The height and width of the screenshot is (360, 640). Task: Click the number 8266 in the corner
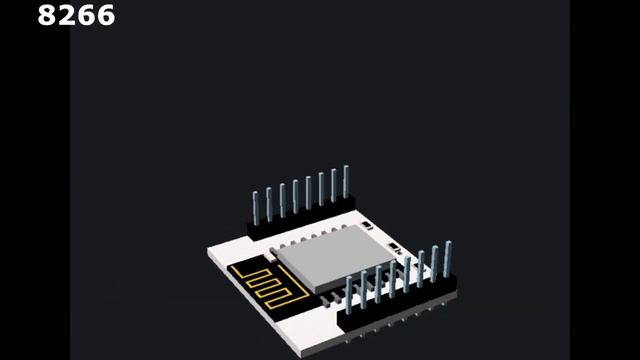click(76, 15)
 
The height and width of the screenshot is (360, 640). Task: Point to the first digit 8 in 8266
click(46, 15)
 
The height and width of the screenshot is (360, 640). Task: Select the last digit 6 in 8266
click(106, 15)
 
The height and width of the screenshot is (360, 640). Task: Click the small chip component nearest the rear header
click(366, 226)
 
